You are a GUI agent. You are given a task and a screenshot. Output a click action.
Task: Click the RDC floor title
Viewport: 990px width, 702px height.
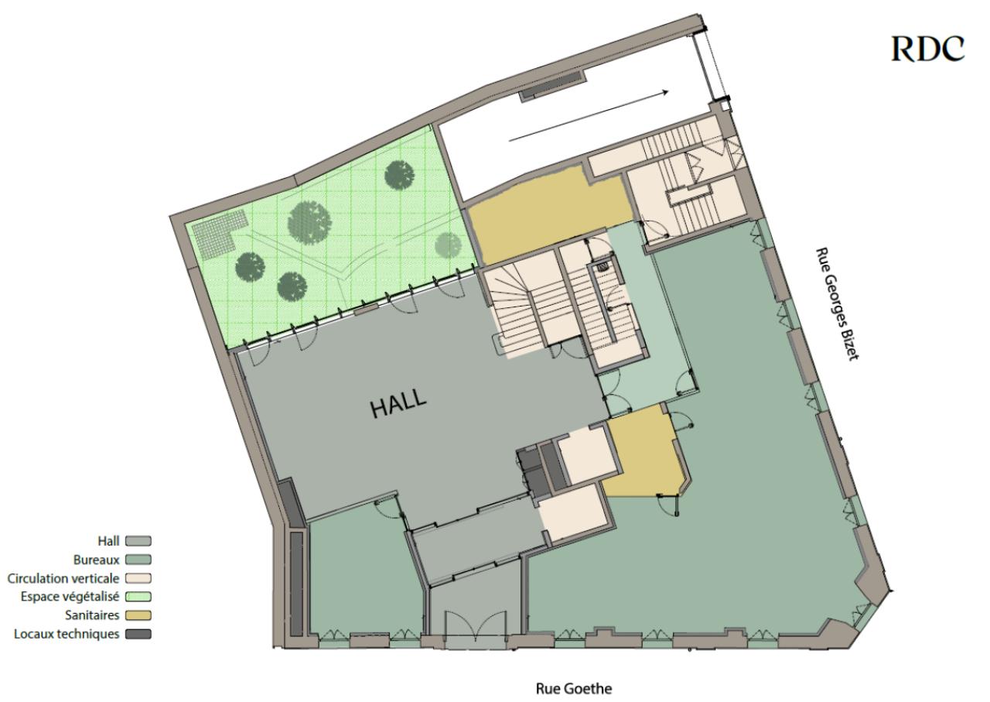927,49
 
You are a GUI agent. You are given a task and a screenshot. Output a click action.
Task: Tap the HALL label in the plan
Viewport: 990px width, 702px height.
398,402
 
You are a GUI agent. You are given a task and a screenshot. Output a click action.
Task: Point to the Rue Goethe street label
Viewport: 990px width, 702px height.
574,689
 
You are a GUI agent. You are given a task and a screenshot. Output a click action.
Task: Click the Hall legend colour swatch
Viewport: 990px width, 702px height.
138,541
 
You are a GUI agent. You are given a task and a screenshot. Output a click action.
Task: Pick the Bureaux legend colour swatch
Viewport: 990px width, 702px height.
138,560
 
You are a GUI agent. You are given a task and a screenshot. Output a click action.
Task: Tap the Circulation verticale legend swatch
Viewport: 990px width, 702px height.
138,578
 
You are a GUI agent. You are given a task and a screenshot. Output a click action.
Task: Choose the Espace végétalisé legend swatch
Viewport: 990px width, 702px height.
138,597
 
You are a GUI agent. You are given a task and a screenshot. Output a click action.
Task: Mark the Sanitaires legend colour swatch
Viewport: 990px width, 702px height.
138,615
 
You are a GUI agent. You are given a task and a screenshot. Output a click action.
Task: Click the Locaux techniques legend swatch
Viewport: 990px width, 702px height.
138,634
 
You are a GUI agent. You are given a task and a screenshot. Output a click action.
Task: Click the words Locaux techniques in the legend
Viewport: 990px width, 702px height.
67,634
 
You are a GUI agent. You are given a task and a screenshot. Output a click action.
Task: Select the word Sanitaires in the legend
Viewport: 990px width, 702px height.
92,615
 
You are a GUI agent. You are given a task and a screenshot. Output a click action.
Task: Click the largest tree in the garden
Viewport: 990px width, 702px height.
309,222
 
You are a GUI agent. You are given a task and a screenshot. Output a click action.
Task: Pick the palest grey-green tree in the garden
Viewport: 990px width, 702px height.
448,245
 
